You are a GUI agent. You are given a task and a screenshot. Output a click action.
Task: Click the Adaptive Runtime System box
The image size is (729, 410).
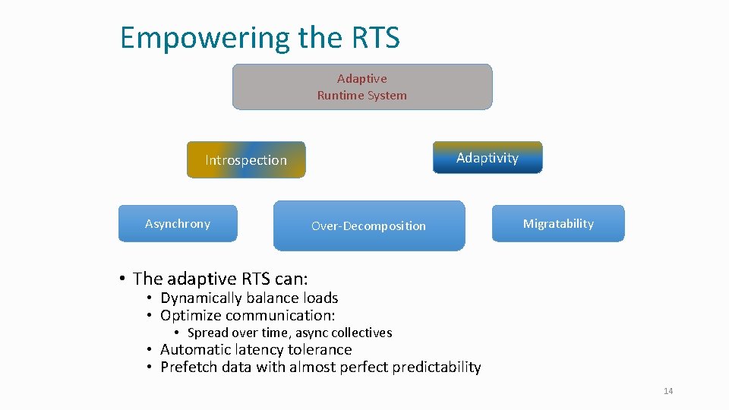pyautogui.click(x=361, y=87)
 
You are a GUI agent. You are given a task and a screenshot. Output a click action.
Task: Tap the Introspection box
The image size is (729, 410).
pyautogui.click(x=246, y=160)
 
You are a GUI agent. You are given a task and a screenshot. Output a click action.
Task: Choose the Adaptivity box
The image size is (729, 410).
pyautogui.click(x=488, y=158)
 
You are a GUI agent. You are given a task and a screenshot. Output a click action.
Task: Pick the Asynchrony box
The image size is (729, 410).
pyautogui.click(x=178, y=224)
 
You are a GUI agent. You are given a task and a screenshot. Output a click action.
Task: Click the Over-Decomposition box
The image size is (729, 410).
pyautogui.click(x=369, y=226)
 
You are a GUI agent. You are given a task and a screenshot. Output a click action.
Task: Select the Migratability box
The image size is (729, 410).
pyautogui.click(x=558, y=224)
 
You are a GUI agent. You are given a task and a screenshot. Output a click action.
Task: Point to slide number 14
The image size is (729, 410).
pyautogui.click(x=668, y=391)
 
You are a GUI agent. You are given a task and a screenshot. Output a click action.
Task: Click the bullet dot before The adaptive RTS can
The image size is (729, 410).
pyautogui.click(x=121, y=279)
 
